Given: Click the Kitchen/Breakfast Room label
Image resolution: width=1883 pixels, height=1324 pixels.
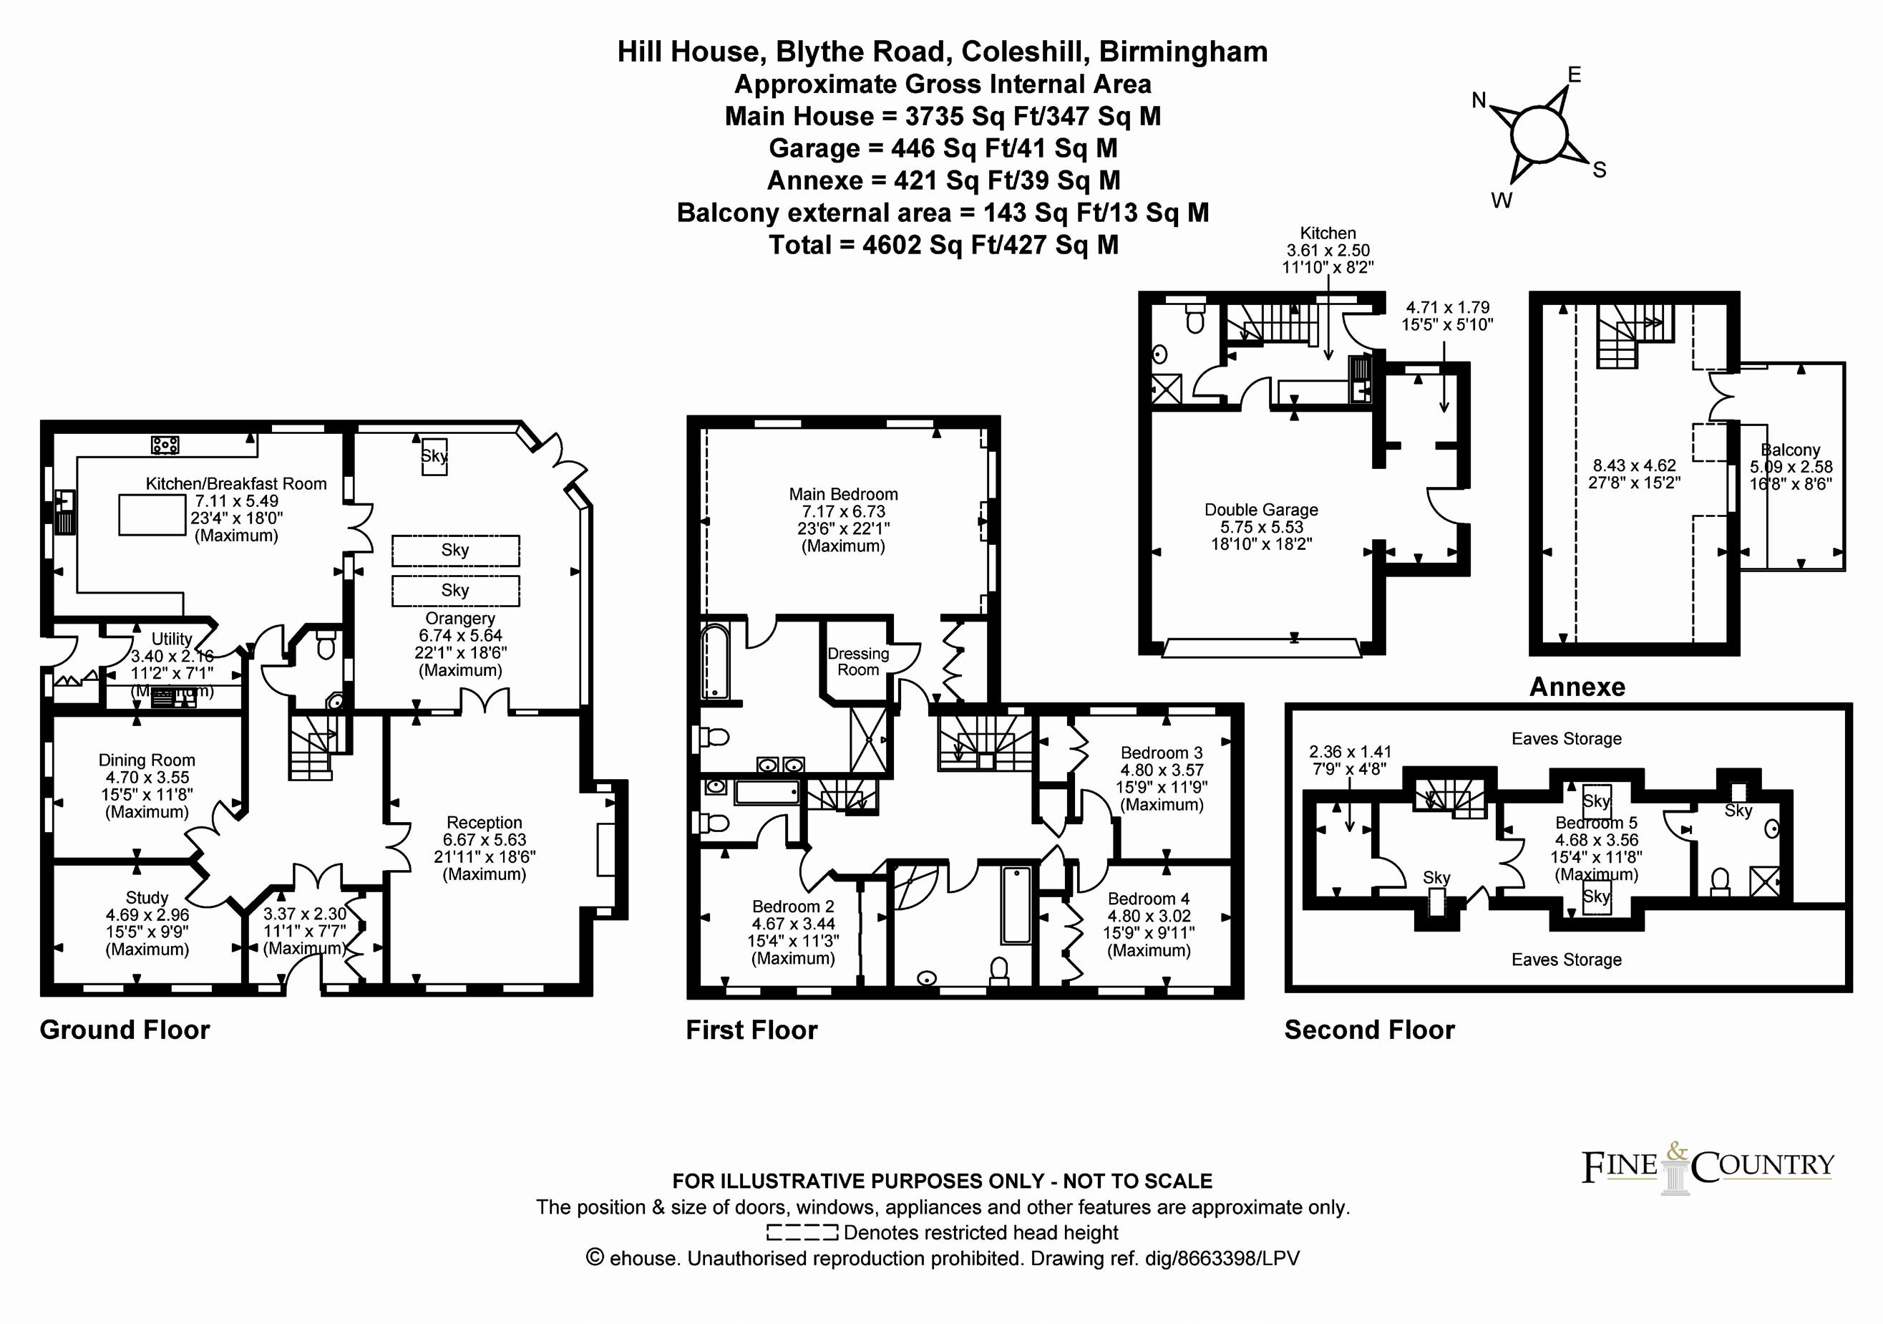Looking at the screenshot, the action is [x=236, y=484].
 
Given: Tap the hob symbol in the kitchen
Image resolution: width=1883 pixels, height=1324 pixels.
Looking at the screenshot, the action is [x=165, y=445].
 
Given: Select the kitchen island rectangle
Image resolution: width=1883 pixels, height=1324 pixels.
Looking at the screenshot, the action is [x=152, y=514].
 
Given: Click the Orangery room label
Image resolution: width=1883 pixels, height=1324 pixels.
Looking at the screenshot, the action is [x=460, y=619].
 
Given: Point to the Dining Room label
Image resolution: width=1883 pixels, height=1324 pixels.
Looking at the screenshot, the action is [x=147, y=760].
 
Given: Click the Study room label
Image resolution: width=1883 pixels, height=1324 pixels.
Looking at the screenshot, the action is [x=147, y=897].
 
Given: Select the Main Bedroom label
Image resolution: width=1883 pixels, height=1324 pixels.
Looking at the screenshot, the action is [x=843, y=494].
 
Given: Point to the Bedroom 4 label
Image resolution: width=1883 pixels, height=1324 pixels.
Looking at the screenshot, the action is [x=1148, y=899].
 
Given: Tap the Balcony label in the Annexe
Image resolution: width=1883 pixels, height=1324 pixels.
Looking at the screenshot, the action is [x=1791, y=450].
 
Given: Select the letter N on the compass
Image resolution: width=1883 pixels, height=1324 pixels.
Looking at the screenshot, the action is [x=1479, y=100].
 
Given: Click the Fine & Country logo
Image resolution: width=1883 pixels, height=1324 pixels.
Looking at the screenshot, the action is [x=1708, y=1166].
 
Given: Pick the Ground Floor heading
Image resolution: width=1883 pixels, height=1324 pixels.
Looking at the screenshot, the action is [x=125, y=1030].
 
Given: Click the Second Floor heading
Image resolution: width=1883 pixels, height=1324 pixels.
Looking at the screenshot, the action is [x=1370, y=1030].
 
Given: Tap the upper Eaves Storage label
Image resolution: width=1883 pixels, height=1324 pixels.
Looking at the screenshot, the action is [x=1567, y=738].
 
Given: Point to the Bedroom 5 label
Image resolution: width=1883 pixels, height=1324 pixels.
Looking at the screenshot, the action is [x=1596, y=823].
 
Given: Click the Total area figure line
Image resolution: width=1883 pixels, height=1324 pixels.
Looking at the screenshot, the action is [x=943, y=244].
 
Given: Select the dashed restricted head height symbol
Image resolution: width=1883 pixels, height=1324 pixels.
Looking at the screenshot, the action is [x=802, y=1232].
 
